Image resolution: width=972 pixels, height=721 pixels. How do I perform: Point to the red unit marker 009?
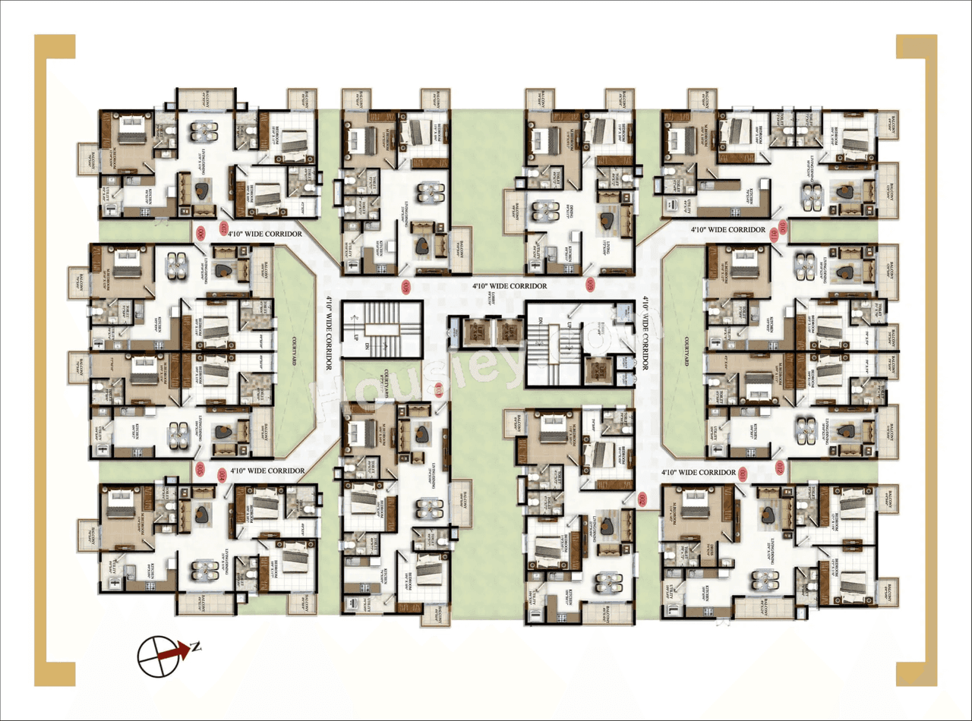[x=591, y=285]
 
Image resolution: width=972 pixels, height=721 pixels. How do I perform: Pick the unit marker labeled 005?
[x=200, y=468]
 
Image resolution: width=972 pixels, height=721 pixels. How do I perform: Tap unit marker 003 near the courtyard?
[x=440, y=392]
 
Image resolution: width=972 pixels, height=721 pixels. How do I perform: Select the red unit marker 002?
[x=642, y=499]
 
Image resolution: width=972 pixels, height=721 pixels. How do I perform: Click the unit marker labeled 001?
[x=743, y=474]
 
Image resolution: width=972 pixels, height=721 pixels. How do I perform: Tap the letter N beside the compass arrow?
[x=196, y=647]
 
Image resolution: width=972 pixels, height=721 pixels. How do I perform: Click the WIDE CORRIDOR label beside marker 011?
[x=727, y=229]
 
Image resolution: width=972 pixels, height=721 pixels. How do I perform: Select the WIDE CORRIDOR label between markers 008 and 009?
[x=510, y=287]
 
